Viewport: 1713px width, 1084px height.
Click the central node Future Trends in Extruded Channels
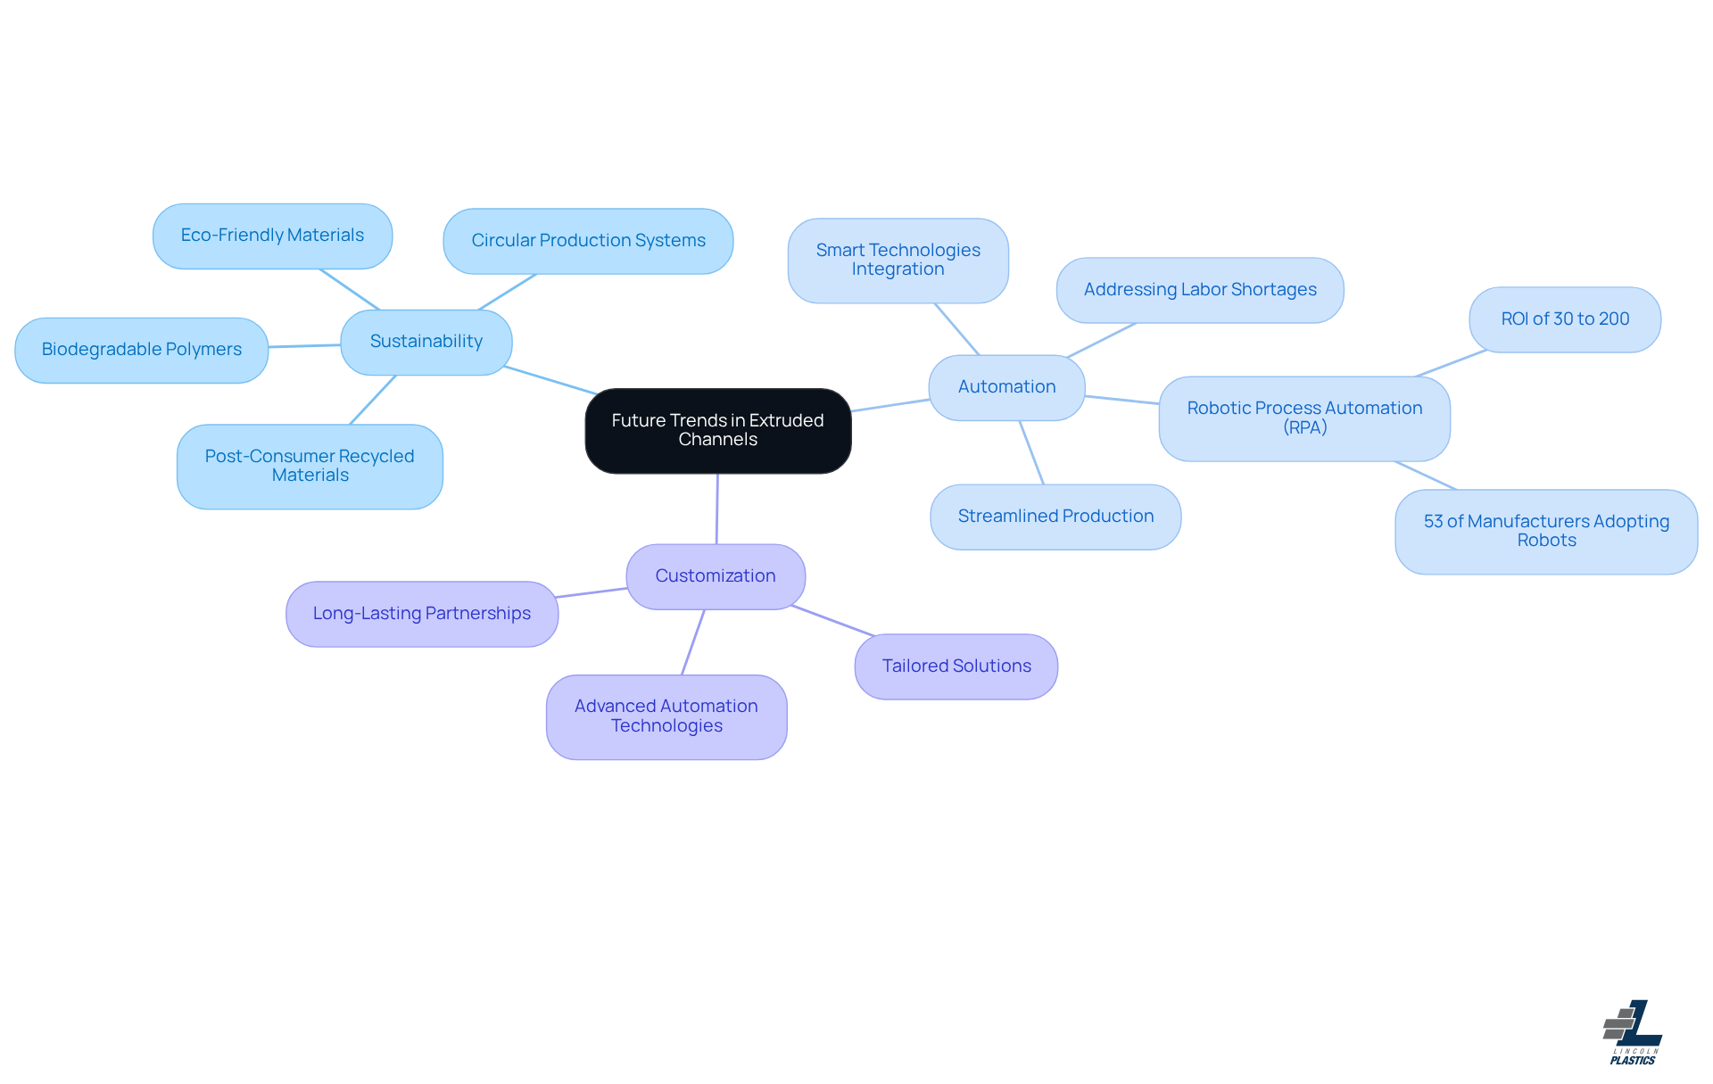(x=717, y=430)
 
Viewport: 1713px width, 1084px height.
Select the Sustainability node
(x=426, y=342)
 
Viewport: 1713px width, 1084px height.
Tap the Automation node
(x=1006, y=387)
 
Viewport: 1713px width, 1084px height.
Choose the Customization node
(x=715, y=576)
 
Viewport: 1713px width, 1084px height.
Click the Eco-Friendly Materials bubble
(x=272, y=236)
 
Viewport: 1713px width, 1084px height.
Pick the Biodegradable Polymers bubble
(x=141, y=350)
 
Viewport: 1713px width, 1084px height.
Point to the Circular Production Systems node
(x=588, y=241)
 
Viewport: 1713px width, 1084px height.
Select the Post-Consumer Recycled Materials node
(x=310, y=466)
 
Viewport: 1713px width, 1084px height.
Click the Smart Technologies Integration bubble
(x=898, y=260)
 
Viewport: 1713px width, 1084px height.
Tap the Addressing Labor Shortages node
(x=1199, y=290)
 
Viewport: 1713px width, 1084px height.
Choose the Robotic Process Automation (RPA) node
(x=1303, y=418)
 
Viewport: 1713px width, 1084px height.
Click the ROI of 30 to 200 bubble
(x=1564, y=319)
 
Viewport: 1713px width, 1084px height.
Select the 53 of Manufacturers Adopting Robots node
(x=1545, y=531)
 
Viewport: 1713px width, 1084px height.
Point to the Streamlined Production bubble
(x=1055, y=517)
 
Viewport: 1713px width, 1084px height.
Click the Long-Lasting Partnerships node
(x=421, y=614)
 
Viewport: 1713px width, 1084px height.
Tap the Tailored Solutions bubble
(x=956, y=666)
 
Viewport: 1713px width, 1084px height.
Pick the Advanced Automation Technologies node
(x=666, y=716)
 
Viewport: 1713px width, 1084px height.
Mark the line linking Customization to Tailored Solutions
(x=832, y=621)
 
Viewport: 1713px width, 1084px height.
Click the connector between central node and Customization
(x=716, y=509)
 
